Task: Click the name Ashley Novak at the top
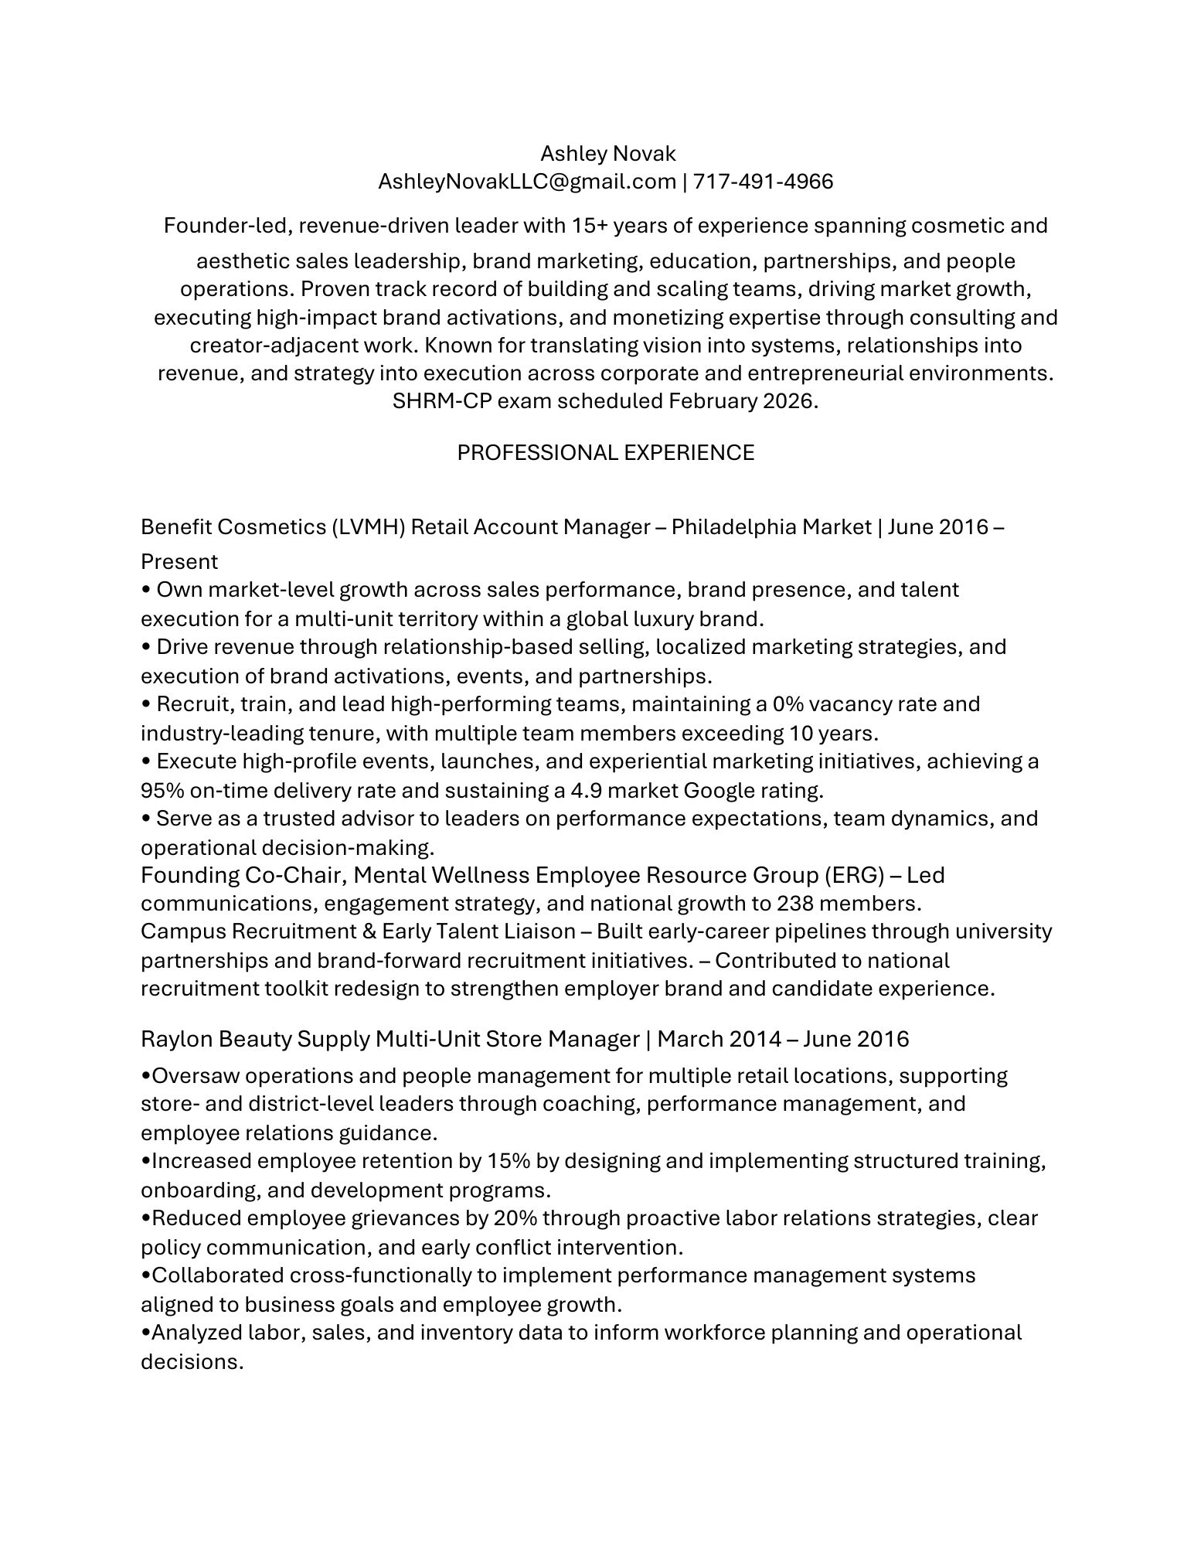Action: (x=607, y=154)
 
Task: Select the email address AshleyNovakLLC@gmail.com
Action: (x=526, y=182)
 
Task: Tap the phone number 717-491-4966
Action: (x=763, y=182)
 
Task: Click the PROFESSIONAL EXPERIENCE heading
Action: (x=605, y=452)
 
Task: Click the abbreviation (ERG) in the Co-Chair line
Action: (x=853, y=875)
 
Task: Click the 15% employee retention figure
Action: (x=506, y=1161)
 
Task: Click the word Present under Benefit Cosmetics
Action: (x=179, y=561)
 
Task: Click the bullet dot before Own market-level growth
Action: (x=146, y=591)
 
